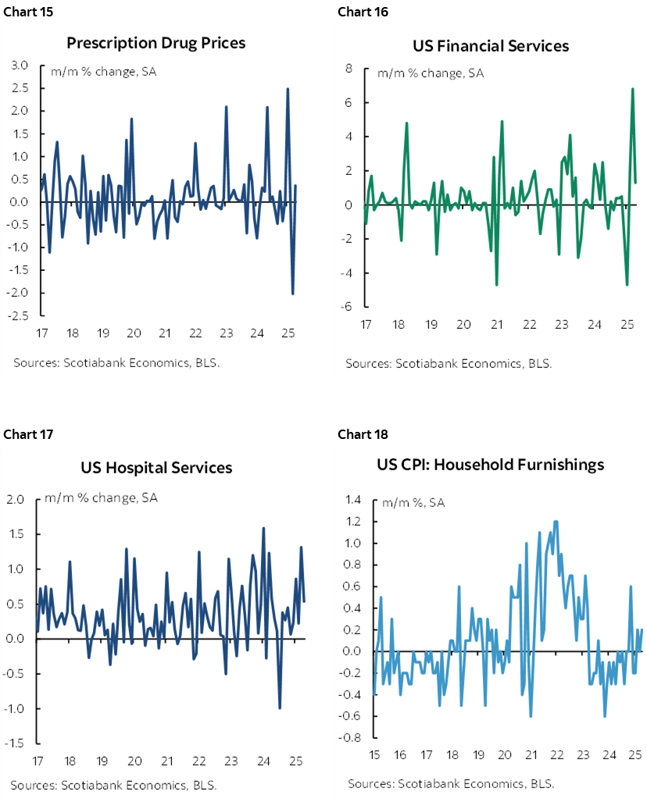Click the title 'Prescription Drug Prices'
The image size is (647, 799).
click(x=155, y=42)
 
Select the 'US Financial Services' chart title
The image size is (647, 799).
click(x=491, y=45)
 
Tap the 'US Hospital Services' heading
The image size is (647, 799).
click(x=156, y=468)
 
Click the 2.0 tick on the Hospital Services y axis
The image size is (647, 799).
click(x=16, y=499)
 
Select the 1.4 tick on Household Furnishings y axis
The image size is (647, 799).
click(x=354, y=500)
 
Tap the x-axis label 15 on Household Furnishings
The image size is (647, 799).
click(x=375, y=755)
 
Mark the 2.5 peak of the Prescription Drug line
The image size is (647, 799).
click(x=288, y=88)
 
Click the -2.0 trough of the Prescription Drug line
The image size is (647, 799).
click(x=292, y=294)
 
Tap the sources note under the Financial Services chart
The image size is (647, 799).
click(x=449, y=363)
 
